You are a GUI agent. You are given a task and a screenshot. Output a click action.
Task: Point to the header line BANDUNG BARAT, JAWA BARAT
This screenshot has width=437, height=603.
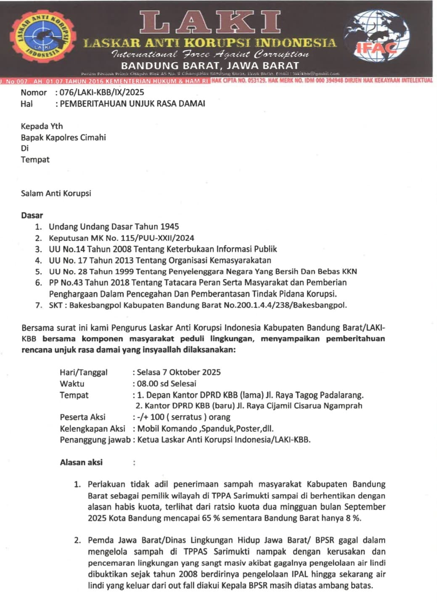coord(209,66)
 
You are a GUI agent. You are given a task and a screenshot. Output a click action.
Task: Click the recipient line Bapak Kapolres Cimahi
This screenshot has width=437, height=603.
coord(63,137)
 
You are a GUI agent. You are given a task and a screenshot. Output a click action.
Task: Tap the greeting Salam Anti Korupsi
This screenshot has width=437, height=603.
coord(56,194)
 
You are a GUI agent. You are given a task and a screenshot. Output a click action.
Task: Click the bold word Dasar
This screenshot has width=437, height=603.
coord(32,216)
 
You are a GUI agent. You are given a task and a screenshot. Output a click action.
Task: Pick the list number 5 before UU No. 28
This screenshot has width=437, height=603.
coord(39,271)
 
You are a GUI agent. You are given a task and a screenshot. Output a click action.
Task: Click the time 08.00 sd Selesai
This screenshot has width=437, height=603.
coord(167,384)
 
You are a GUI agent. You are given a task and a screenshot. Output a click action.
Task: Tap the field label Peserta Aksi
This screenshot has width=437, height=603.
coord(82,417)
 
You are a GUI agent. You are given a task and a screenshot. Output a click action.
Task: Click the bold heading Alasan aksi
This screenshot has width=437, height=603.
coord(81,462)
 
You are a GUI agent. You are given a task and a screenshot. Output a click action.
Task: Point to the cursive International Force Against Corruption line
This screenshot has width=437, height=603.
coord(209,54)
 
